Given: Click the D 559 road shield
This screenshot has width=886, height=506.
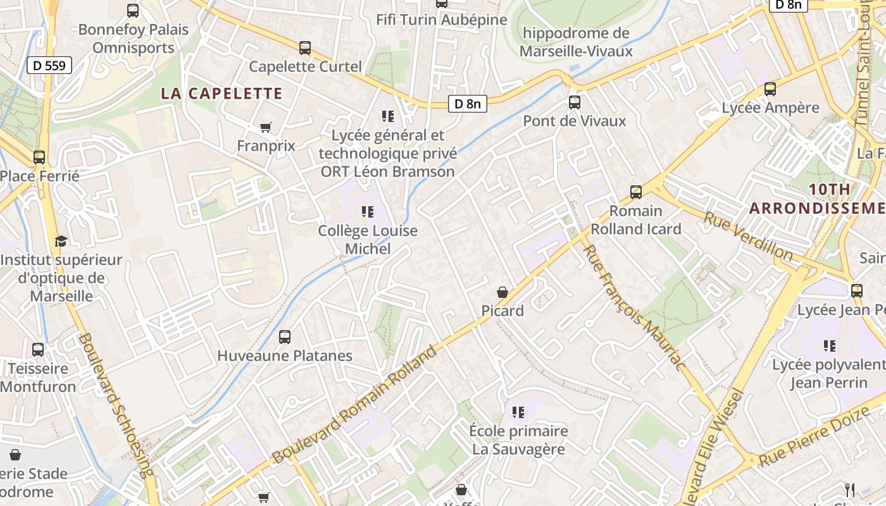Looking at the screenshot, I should (x=49, y=65).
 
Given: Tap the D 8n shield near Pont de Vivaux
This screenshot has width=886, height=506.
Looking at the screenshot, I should (x=468, y=104).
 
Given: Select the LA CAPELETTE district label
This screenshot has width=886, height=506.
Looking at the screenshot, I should (x=221, y=94).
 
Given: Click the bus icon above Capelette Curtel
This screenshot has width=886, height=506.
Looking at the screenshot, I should (x=305, y=48).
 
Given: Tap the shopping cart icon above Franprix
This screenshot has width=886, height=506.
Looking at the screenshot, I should (x=266, y=128).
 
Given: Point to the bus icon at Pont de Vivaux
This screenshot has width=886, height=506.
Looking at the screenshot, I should (x=574, y=102).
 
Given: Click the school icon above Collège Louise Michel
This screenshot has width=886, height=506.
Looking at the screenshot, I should (x=368, y=212).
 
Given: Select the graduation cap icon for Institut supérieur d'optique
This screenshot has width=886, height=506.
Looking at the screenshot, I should (x=61, y=241).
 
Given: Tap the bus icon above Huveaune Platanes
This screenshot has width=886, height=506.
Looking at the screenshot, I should (x=285, y=337).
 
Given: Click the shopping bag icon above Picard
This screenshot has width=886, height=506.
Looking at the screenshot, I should (x=502, y=292).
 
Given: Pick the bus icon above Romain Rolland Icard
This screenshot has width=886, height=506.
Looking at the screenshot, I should (x=636, y=192).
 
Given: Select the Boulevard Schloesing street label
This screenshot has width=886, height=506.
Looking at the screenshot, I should (x=116, y=405).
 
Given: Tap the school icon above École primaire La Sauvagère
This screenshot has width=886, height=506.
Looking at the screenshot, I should (x=518, y=412).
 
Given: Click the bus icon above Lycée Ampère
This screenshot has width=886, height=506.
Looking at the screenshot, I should (x=770, y=89).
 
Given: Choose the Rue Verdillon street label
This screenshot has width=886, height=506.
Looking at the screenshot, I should (x=749, y=237).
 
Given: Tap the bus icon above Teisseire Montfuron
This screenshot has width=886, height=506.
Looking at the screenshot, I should (x=38, y=350).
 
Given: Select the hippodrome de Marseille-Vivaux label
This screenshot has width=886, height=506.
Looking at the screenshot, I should (x=576, y=42).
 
